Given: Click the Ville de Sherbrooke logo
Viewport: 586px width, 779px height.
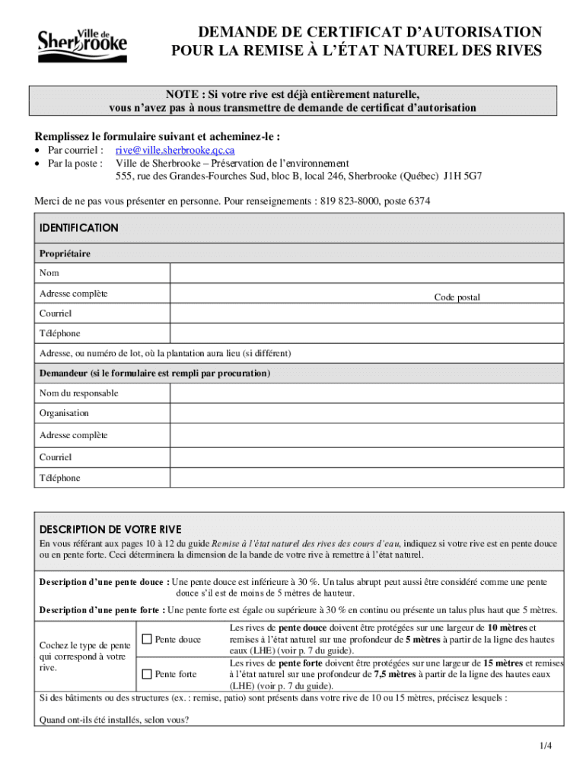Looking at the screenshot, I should click(82, 46).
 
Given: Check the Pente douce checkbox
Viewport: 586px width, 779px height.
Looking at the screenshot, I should click(148, 639).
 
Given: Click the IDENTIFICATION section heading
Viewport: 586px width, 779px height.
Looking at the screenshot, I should click(79, 227).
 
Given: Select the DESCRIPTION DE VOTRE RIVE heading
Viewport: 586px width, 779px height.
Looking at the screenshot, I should click(110, 529).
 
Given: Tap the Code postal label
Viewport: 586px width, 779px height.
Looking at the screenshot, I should click(457, 297).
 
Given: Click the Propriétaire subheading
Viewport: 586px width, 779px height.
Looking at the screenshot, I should click(65, 253).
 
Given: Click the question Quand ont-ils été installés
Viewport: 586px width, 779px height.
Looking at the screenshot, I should click(114, 720).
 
